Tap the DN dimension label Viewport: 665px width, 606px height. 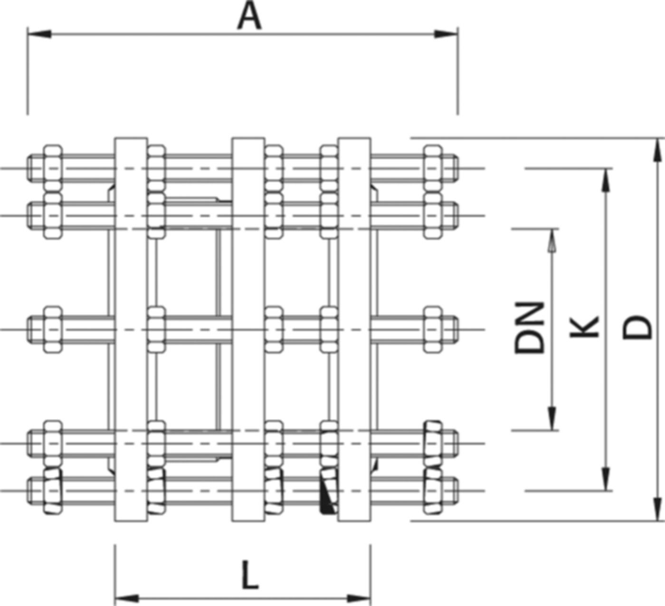tap(530, 328)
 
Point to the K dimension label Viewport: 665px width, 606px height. tap(584, 327)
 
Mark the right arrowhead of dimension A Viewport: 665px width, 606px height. tap(446, 34)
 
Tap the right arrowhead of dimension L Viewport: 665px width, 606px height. tap(360, 597)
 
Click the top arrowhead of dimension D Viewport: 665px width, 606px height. tap(658, 150)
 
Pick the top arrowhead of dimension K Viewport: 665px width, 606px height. tap(605, 180)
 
